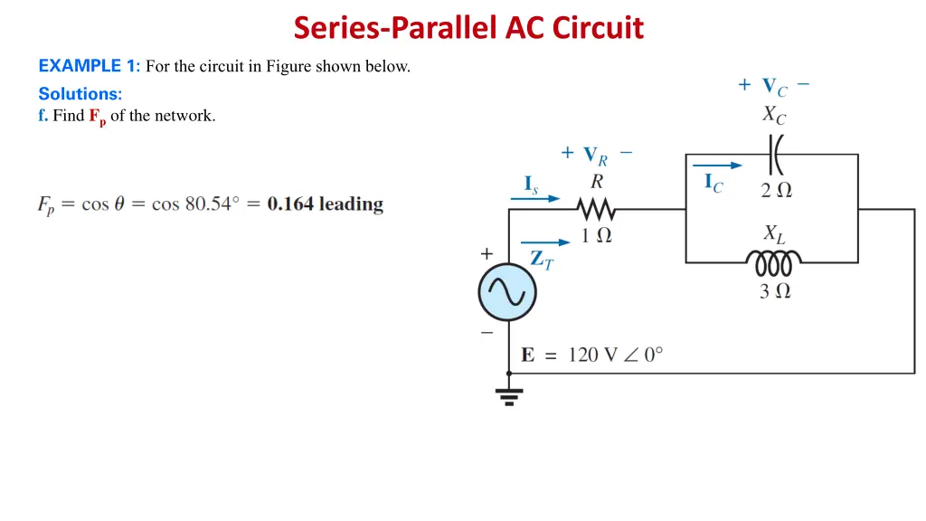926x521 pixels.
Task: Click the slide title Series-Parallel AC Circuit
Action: (x=468, y=28)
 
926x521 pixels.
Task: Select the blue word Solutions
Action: (x=80, y=93)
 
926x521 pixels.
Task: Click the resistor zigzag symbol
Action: (x=596, y=210)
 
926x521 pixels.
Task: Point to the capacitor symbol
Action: (x=774, y=156)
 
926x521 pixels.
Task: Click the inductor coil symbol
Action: (x=773, y=262)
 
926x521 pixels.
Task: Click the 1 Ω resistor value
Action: (x=596, y=235)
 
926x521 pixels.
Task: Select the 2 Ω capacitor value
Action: (x=776, y=190)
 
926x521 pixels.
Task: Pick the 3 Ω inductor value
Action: (x=775, y=290)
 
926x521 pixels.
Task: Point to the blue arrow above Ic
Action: (x=717, y=166)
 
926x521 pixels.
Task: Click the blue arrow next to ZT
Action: (x=546, y=242)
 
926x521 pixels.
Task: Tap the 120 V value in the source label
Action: (x=591, y=355)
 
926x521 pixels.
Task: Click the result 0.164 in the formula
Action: (x=290, y=204)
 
